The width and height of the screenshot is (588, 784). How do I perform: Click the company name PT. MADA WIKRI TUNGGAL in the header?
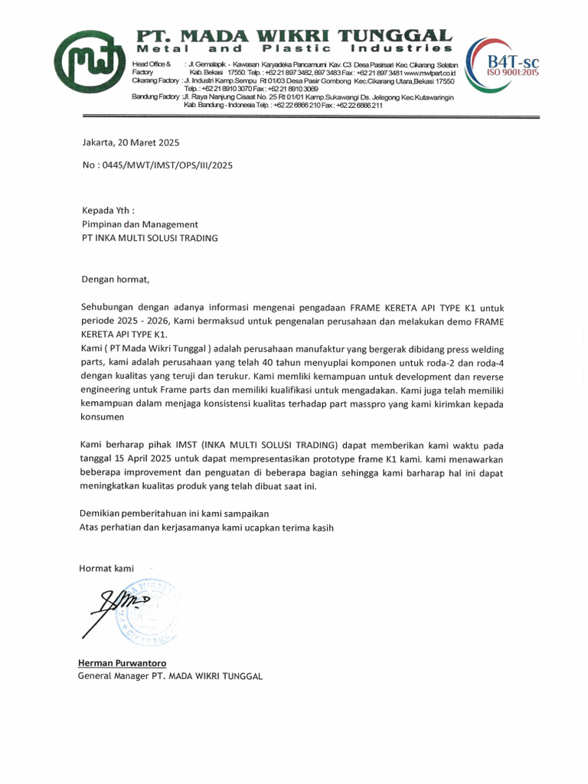click(x=295, y=35)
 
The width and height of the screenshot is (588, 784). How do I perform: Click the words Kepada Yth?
click(x=108, y=210)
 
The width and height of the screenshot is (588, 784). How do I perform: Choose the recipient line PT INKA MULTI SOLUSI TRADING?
click(x=150, y=238)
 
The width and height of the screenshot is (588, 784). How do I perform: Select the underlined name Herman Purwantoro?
click(x=122, y=662)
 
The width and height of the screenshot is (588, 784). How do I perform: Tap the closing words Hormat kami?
click(x=106, y=568)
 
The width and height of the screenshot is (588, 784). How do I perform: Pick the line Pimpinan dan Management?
click(x=140, y=224)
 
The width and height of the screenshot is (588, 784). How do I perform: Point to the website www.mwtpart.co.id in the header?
click(x=430, y=72)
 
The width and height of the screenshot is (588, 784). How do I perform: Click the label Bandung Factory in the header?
click(x=155, y=97)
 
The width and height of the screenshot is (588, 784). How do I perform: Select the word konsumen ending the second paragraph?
click(x=102, y=417)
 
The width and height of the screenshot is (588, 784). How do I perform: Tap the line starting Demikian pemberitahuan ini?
click(x=175, y=513)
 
